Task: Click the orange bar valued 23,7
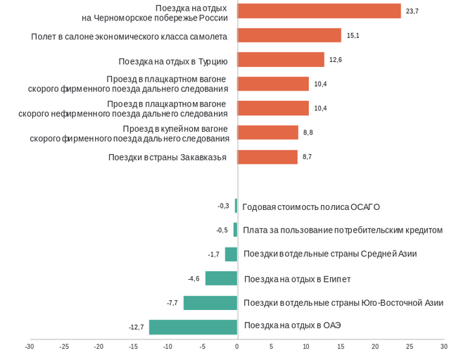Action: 319,11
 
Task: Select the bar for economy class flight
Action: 289,35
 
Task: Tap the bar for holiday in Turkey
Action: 281,60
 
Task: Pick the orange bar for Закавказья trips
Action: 267,157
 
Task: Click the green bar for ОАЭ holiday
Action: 193,327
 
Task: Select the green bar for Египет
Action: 221,278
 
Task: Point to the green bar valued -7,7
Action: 210,303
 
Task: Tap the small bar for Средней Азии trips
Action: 231,254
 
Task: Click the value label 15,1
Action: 353,35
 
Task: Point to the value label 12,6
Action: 336,60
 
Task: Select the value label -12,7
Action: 137,327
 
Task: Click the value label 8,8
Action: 308,132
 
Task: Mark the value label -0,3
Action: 223,206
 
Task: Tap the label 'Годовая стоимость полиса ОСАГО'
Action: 311,207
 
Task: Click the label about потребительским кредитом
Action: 343,230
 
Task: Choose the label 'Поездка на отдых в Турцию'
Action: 173,61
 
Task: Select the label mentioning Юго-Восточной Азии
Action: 343,303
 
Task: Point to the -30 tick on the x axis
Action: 30,347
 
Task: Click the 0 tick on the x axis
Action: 237,347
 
